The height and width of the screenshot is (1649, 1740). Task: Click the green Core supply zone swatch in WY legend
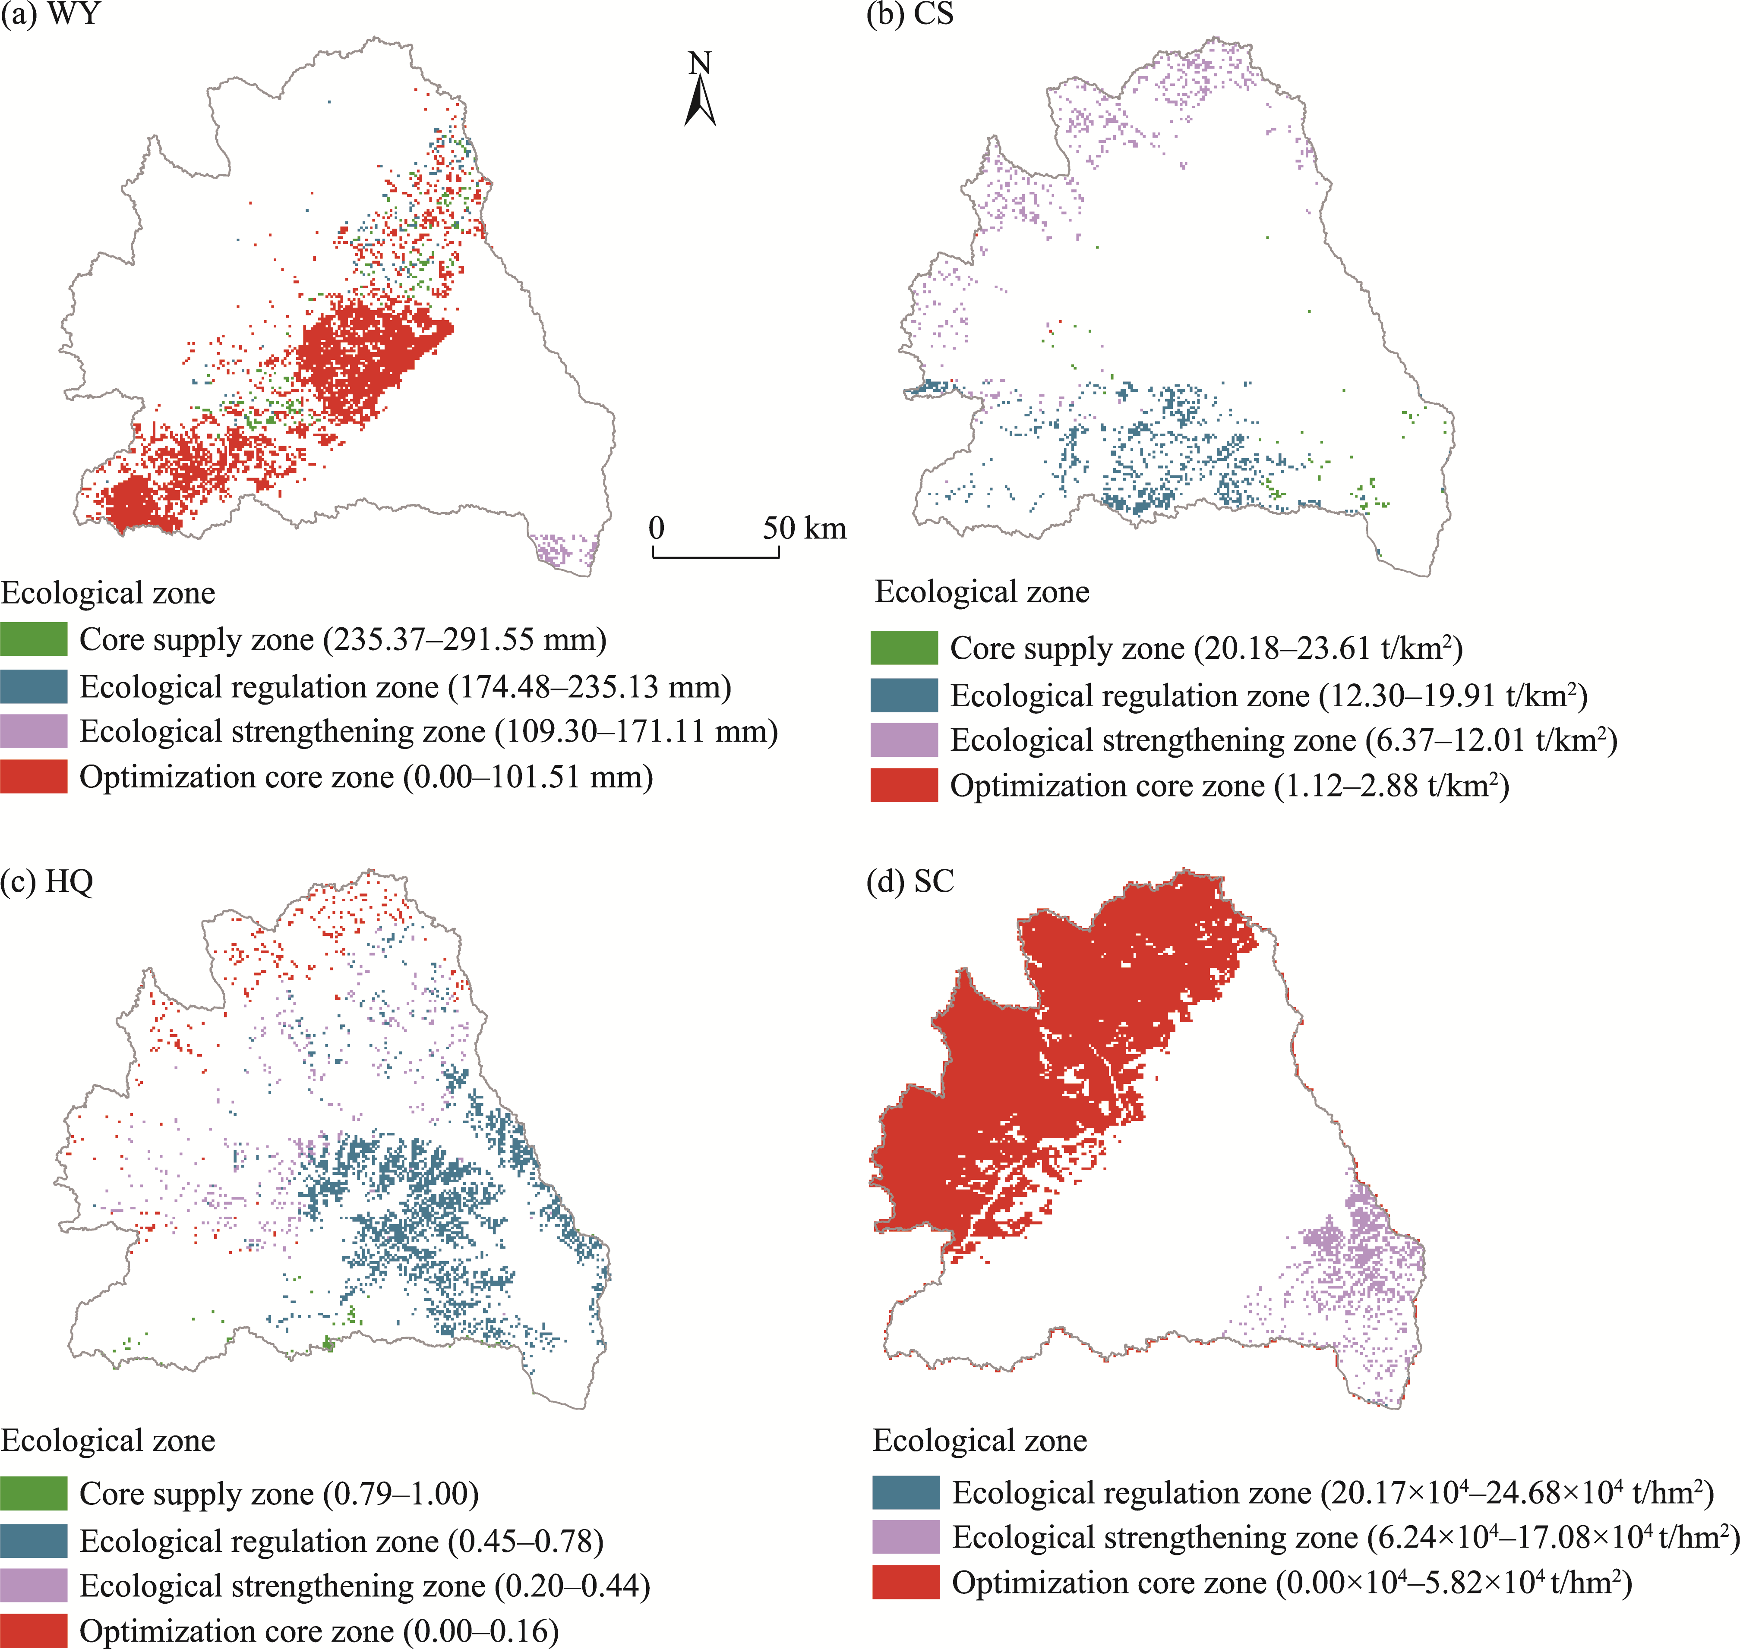33,639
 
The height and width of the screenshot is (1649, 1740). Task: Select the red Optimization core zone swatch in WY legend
33,777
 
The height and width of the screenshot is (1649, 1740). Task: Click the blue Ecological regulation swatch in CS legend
904,695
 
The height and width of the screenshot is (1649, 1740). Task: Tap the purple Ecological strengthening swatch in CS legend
904,740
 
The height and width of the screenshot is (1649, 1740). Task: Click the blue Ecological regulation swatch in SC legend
906,1492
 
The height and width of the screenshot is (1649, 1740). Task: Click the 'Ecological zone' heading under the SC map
979,1441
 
